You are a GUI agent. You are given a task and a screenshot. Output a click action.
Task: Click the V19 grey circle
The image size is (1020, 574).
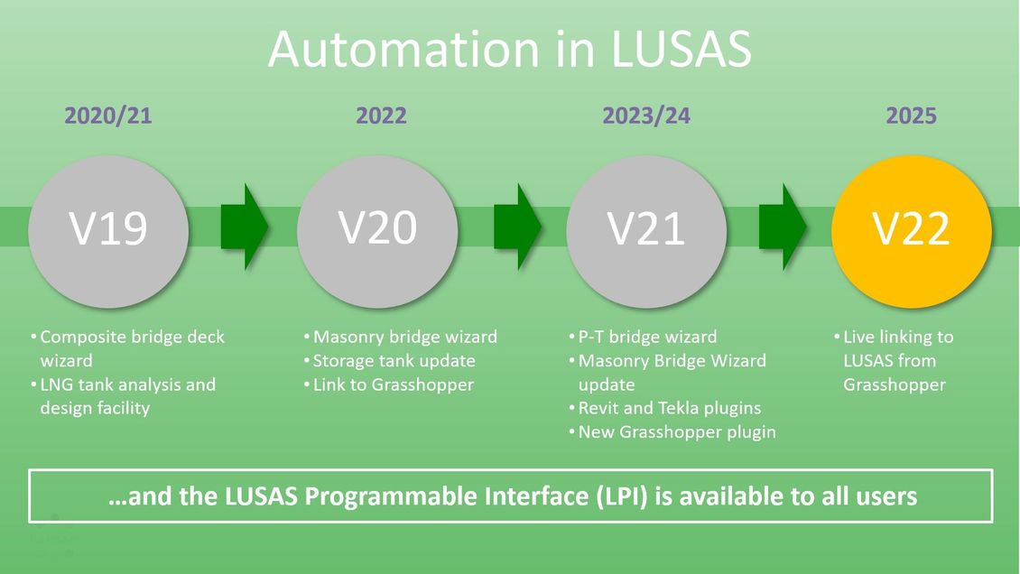click(108, 231)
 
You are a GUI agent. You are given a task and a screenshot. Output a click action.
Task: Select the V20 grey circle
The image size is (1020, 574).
click(377, 231)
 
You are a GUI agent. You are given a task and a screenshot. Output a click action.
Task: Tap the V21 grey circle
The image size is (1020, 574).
click(646, 231)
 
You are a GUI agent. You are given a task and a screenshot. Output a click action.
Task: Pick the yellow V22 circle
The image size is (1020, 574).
click(912, 231)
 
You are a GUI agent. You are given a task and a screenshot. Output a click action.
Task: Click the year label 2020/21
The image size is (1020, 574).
click(108, 116)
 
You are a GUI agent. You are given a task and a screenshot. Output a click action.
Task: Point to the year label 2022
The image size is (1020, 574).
click(381, 116)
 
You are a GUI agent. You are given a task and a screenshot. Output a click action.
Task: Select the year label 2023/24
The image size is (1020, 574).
click(646, 116)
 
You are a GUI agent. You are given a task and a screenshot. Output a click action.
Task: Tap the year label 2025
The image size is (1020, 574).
click(912, 116)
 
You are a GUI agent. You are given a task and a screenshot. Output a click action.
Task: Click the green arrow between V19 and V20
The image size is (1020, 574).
click(245, 227)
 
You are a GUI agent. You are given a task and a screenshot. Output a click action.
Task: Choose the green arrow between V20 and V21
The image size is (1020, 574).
click(517, 227)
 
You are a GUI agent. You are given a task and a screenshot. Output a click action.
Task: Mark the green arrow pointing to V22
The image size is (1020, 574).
click(783, 227)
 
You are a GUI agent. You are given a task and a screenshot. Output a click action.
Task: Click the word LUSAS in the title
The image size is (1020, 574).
click(682, 50)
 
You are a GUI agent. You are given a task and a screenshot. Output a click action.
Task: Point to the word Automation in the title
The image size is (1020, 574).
click(403, 50)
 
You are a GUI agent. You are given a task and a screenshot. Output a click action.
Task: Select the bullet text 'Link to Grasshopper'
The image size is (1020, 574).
click(394, 384)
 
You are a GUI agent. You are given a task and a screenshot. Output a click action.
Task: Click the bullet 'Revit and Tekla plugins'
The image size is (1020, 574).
click(670, 408)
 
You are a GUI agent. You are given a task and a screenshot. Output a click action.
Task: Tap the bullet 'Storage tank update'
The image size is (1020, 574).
click(394, 360)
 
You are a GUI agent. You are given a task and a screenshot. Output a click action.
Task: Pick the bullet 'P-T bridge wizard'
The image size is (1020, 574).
click(647, 337)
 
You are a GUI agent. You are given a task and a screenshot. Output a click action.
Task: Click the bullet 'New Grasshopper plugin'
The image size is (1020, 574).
click(676, 431)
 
